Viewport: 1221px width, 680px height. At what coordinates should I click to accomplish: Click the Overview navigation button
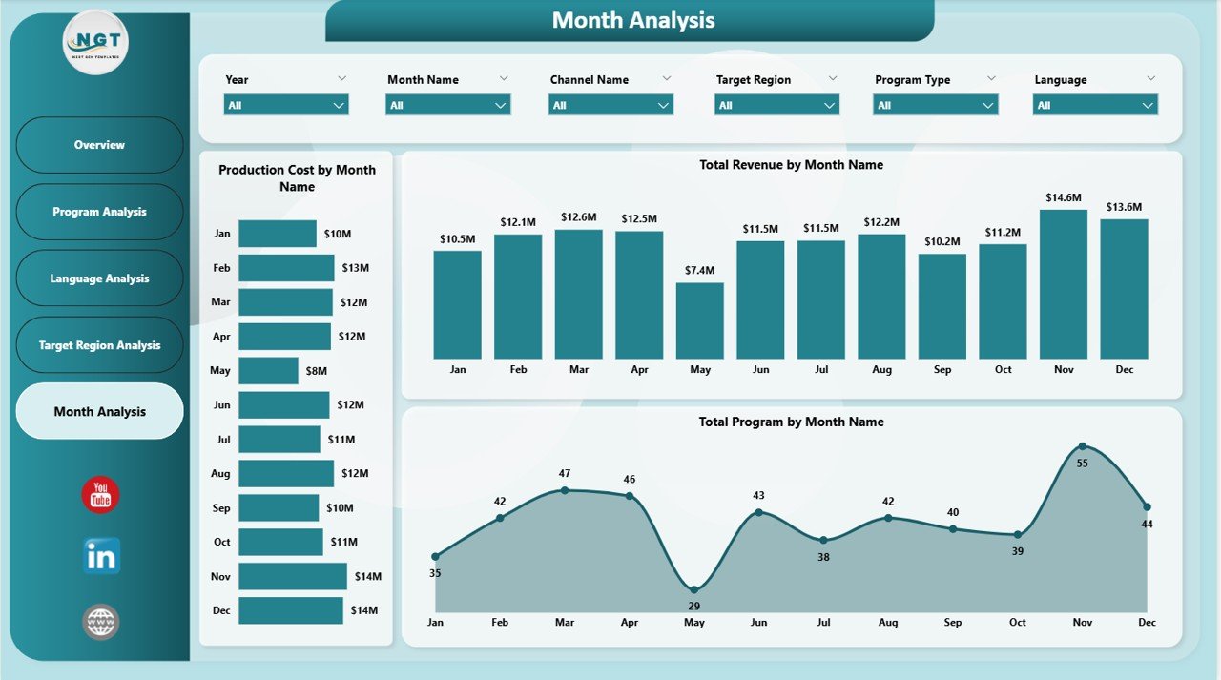(99, 145)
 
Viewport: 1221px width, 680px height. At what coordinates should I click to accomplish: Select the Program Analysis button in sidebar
(99, 212)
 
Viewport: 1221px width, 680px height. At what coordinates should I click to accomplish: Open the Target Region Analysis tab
(99, 345)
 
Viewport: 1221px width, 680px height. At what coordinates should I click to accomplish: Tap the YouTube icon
(100, 495)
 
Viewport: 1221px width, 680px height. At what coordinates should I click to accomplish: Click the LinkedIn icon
(100, 556)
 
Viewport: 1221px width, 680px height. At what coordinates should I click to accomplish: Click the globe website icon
(100, 622)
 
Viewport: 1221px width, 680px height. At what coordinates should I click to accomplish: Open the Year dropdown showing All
(286, 105)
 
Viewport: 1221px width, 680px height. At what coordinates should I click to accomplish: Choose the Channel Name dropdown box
(610, 105)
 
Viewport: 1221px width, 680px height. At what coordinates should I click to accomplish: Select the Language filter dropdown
(1095, 105)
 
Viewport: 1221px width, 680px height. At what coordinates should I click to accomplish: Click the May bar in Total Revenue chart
(699, 320)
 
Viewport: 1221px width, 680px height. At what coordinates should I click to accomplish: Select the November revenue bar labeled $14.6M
(1063, 284)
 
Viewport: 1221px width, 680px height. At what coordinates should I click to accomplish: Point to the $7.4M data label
(699, 270)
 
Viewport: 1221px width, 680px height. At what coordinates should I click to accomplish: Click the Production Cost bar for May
(268, 370)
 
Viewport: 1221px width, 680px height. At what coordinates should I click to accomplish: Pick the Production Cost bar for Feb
(286, 268)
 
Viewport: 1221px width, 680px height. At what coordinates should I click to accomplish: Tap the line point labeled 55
(1082, 446)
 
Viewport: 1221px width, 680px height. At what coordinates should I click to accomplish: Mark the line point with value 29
(693, 589)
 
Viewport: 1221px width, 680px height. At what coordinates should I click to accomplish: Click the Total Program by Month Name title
(791, 422)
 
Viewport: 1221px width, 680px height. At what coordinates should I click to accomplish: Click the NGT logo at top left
(95, 42)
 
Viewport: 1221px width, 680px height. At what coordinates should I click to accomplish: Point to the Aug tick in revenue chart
(881, 370)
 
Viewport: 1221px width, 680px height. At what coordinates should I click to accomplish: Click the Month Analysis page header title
(632, 20)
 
